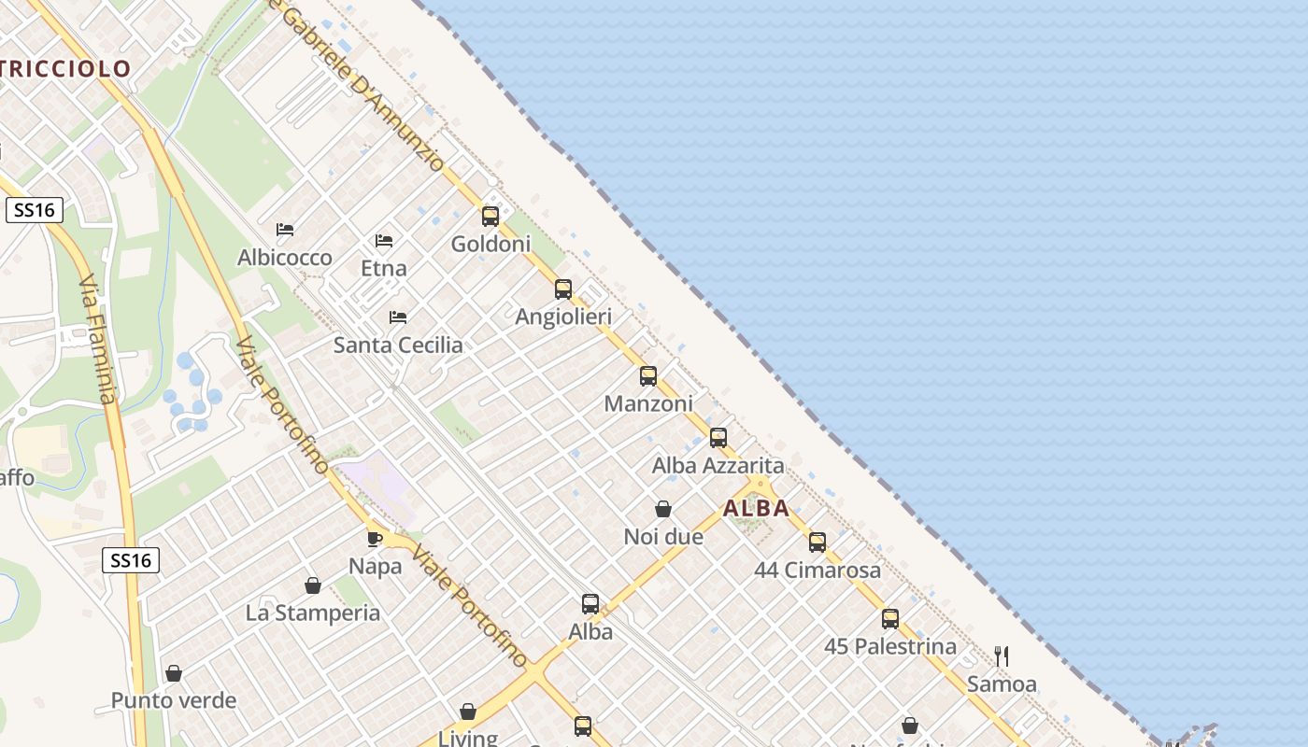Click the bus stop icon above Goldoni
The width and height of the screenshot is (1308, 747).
[x=490, y=217]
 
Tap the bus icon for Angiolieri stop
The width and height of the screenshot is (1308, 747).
[x=563, y=289]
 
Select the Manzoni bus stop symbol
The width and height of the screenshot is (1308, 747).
[x=648, y=376]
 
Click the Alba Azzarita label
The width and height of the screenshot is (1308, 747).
[x=718, y=465]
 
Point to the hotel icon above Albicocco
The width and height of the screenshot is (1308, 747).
[x=285, y=230]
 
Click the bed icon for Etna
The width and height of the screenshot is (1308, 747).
[x=384, y=241]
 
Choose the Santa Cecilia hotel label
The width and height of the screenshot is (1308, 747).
[x=398, y=345]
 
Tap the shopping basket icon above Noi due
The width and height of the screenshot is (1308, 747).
[x=663, y=509]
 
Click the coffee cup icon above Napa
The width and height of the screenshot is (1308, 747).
[x=375, y=539]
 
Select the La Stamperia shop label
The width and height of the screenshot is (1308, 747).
[x=312, y=613]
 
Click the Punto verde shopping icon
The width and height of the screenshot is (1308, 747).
[x=174, y=673]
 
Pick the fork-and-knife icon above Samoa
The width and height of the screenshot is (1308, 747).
[x=1002, y=656]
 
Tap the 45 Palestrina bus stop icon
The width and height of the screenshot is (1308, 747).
[x=890, y=618]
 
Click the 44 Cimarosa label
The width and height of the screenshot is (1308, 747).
[x=817, y=570]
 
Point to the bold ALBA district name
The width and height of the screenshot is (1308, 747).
[x=756, y=509]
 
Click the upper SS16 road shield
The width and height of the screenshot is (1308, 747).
[x=35, y=210]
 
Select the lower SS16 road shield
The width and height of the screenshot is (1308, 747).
[x=131, y=560]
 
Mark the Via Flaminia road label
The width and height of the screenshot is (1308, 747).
[x=97, y=341]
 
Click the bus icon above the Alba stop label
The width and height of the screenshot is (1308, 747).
[x=590, y=604]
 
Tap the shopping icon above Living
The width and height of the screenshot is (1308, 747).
[x=468, y=712]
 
